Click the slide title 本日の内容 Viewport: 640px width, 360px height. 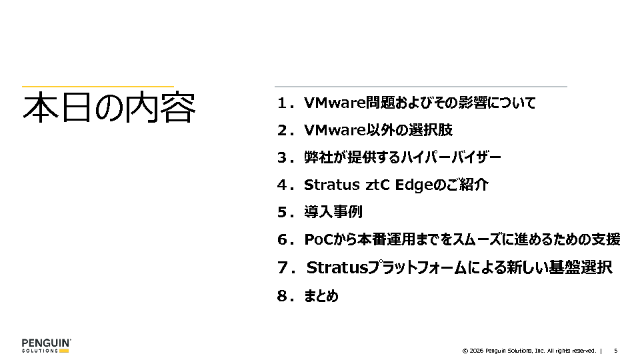[109, 108]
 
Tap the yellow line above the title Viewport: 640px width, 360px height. [98, 87]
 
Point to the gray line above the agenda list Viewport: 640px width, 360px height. [421, 87]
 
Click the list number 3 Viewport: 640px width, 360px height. [283, 157]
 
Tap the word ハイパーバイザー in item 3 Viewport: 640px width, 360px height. [451, 157]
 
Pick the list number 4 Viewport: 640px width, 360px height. [283, 185]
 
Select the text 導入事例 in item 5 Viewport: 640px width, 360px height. [333, 212]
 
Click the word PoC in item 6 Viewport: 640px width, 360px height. [319, 239]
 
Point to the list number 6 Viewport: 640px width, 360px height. [283, 239]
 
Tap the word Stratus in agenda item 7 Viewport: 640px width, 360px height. [337, 268]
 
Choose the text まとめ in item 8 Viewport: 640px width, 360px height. [321, 295]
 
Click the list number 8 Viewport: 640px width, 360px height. [283, 296]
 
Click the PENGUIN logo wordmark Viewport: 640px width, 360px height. [46, 343]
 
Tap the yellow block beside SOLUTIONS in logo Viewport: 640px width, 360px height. [64, 351]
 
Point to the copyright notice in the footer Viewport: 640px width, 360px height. [529, 351]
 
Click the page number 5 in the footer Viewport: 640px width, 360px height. [616, 351]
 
